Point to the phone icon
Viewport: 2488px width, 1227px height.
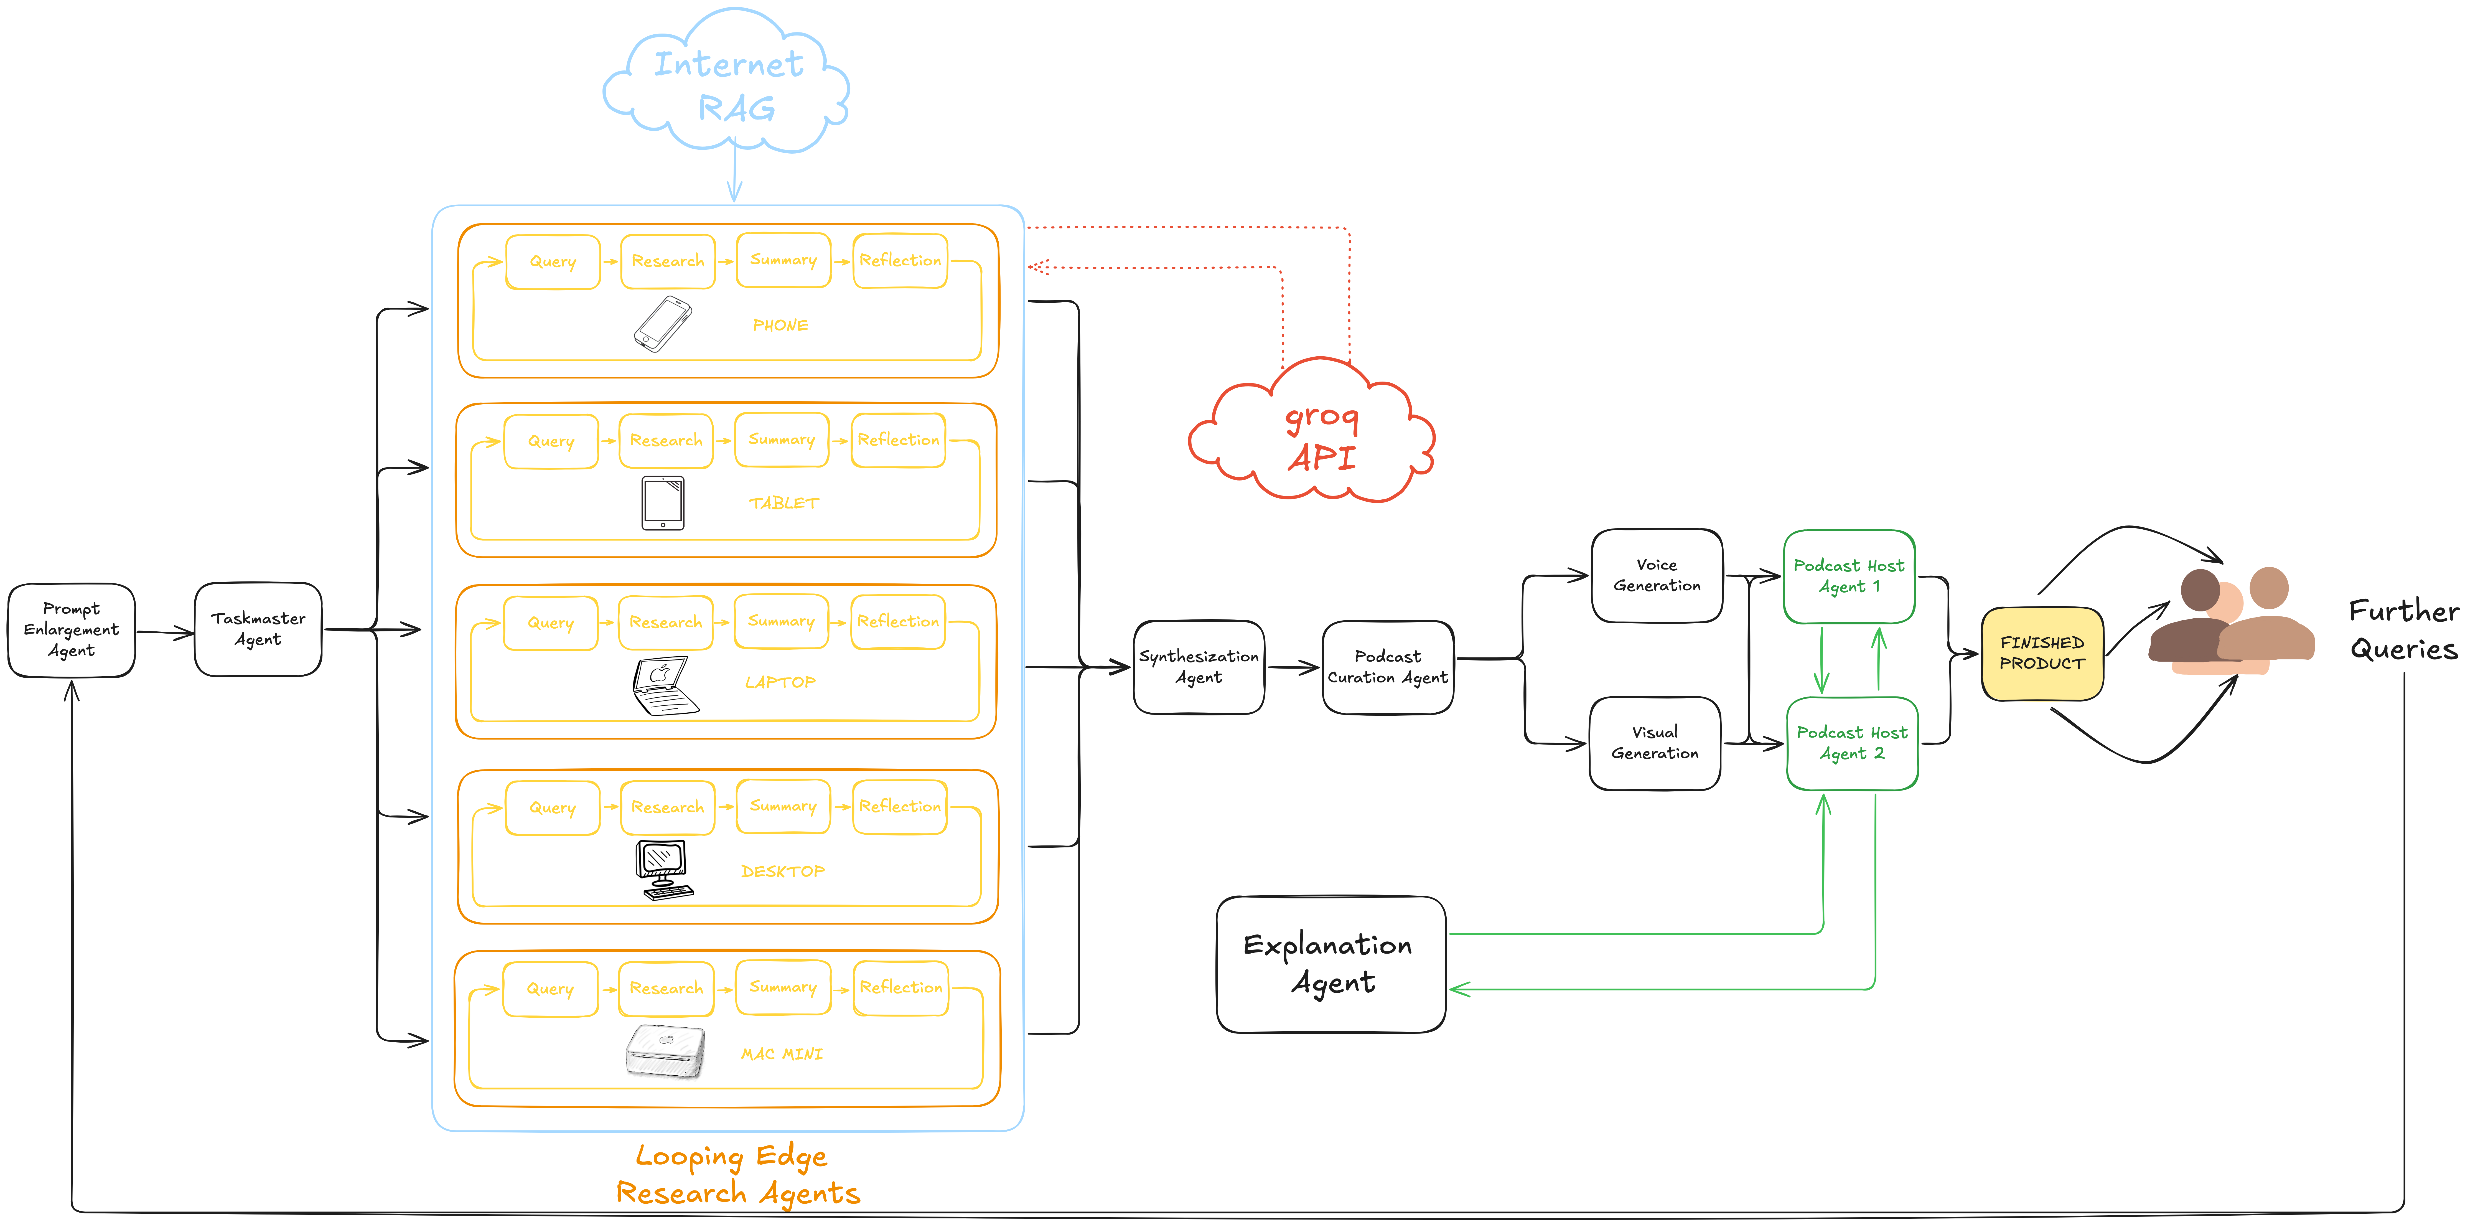[663, 324]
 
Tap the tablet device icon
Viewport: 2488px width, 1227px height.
[663, 502]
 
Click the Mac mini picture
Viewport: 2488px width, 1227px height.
[665, 1051]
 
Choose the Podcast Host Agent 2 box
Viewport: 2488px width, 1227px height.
[1851, 743]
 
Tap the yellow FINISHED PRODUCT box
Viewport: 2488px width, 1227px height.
[2042, 653]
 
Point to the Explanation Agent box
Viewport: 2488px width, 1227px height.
[1330, 963]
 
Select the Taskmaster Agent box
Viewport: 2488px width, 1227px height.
[258, 629]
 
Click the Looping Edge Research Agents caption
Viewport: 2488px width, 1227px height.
[737, 1174]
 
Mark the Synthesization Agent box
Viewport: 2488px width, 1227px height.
[1199, 667]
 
